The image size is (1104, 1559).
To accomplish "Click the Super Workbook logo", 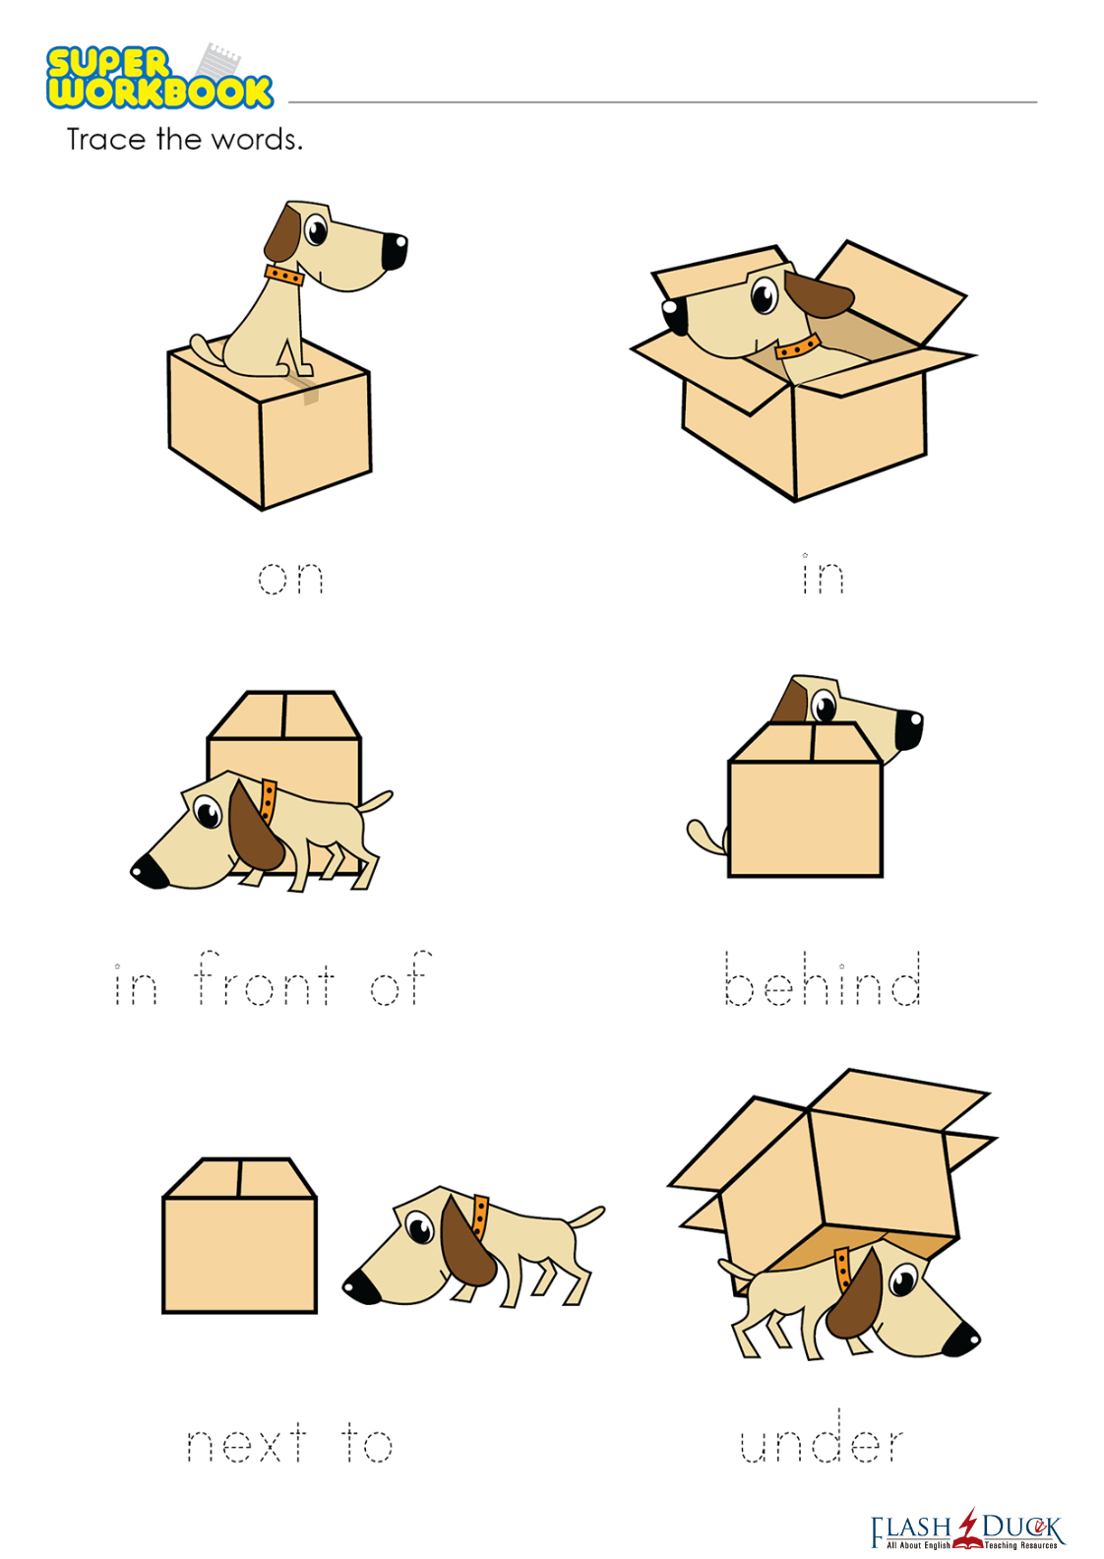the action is point(159,77).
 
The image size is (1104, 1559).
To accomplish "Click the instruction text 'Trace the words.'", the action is point(184,140).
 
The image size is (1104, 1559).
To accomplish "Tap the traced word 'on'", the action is point(291,578).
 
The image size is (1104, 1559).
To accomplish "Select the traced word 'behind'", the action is point(823,978).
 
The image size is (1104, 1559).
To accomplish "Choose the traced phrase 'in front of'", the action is point(273,978).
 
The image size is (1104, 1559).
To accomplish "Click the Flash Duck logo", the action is point(967,1529).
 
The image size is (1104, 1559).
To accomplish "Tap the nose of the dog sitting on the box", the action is point(395,251).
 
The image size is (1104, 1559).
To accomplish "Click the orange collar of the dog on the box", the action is point(283,276).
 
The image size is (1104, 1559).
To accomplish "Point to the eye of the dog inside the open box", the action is point(764,296).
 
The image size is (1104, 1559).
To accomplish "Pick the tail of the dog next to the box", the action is point(585,1216).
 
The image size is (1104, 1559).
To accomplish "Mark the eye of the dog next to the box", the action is point(419,1227).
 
